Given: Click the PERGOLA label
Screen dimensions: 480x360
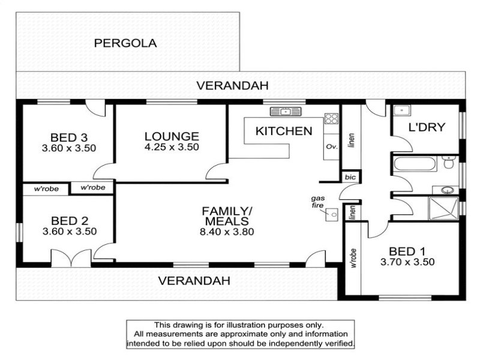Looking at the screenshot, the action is [x=125, y=43].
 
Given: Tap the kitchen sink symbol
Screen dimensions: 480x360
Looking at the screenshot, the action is [x=286, y=112].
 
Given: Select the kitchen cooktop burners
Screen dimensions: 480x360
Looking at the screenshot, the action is [x=332, y=118].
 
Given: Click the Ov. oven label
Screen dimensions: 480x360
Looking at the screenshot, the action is [x=332, y=146].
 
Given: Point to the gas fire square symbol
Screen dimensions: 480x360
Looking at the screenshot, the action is [x=332, y=214].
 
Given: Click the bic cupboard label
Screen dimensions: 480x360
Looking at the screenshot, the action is [x=350, y=177].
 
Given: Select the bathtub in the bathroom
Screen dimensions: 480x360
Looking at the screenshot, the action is [x=415, y=164].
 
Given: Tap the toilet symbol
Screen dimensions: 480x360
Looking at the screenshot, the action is [x=449, y=162].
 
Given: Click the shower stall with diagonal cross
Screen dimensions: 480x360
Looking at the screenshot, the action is [x=443, y=208].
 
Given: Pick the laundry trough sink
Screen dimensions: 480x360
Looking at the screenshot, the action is [x=402, y=110].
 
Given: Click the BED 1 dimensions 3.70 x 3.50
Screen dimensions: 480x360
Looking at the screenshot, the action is [x=407, y=262].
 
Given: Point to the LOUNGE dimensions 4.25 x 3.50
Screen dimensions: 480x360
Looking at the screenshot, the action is [x=172, y=147].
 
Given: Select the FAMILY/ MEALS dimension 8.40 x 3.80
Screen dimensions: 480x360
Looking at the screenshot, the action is [x=227, y=232].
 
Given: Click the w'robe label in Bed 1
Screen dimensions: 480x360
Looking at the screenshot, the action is [x=353, y=258].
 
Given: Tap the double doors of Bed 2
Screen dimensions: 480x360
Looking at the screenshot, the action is [x=71, y=258].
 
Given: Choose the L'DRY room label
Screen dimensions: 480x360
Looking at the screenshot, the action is [x=427, y=127].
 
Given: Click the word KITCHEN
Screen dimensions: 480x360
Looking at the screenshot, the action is [x=284, y=131].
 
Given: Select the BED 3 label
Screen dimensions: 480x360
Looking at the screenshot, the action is [x=69, y=137].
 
